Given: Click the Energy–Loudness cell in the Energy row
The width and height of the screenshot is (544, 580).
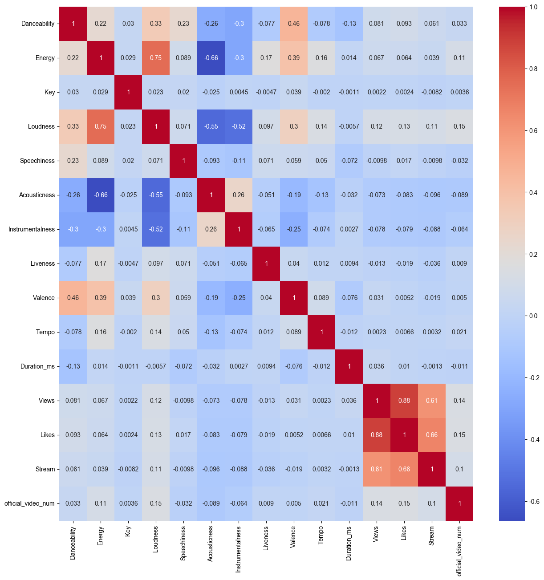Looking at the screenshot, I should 156,58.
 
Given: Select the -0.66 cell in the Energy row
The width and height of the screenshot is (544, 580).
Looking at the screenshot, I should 211,58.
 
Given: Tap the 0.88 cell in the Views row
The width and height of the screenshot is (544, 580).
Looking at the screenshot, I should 404,401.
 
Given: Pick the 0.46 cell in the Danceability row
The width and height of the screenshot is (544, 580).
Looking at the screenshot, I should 294,24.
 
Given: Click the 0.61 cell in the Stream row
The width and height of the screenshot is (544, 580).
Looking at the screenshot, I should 377,469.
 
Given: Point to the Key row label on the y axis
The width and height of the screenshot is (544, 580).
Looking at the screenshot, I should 49,92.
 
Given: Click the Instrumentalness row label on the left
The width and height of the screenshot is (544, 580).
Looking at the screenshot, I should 32,229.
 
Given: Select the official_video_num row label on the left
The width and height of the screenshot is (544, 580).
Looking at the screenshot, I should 29,503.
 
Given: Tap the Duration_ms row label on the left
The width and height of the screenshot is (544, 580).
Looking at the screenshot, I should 37,366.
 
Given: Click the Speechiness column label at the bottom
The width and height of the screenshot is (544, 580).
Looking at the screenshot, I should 183,543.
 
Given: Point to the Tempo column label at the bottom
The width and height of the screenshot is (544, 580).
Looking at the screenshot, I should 321,537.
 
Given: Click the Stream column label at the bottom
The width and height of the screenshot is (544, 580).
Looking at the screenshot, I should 431,537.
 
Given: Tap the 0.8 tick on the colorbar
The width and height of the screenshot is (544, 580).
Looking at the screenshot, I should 534,69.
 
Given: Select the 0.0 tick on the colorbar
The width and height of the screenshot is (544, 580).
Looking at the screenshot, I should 534,316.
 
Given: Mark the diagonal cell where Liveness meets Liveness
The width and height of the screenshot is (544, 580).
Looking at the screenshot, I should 266,264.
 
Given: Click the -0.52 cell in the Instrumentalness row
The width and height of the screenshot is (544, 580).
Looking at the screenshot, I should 156,229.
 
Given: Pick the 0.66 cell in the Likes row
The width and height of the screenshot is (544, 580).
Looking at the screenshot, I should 432,435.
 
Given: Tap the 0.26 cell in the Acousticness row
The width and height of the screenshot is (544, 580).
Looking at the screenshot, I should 239,195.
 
